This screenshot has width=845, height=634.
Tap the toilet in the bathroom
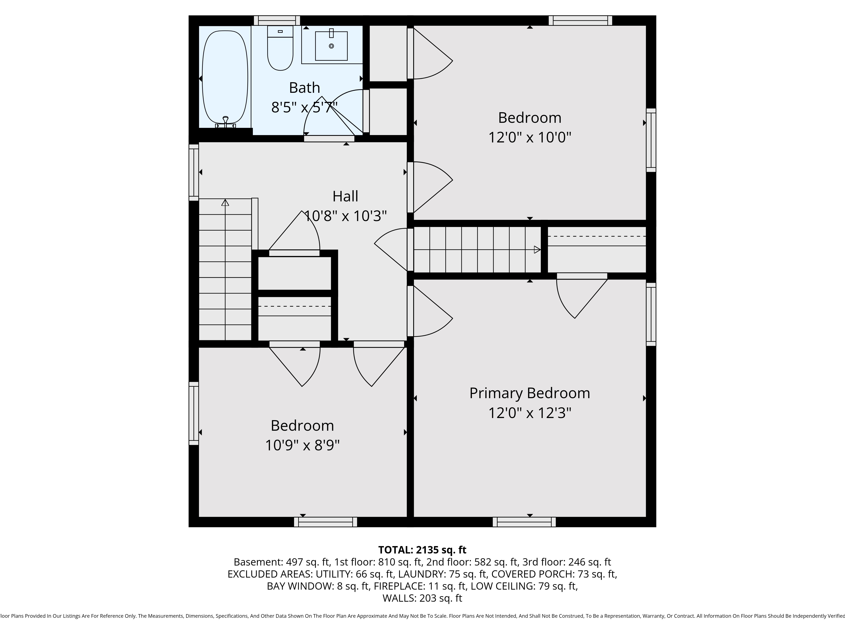pos(280,48)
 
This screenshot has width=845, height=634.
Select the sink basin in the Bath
pos(331,46)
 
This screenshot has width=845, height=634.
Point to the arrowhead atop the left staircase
pos(225,202)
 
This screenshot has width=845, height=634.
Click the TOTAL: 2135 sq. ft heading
pos(422,549)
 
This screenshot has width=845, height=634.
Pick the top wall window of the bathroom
pos(277,20)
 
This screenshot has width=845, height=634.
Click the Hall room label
pos(345,196)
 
